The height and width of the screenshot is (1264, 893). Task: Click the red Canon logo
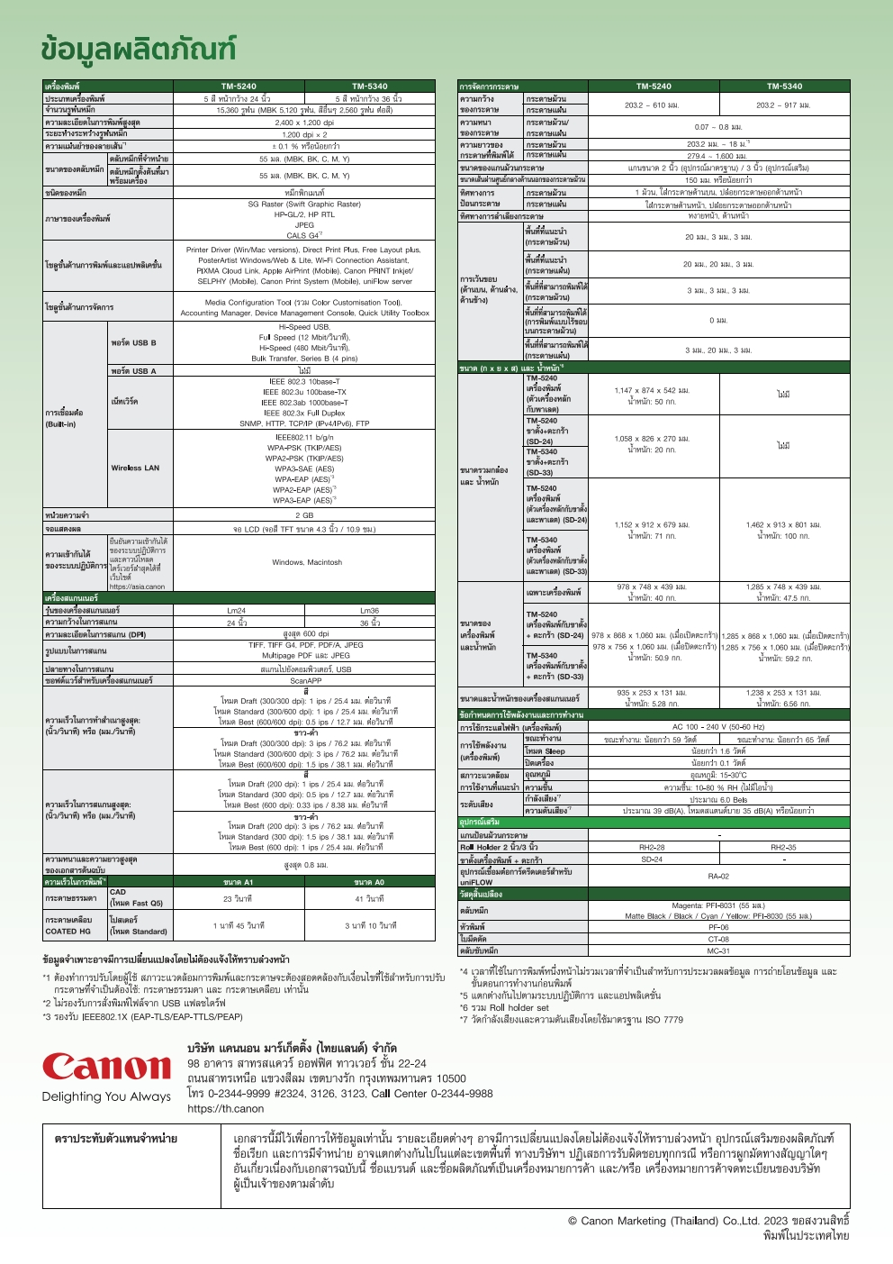106,1067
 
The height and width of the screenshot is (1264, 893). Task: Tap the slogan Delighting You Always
106,1096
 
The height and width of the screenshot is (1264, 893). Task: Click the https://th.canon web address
225,1108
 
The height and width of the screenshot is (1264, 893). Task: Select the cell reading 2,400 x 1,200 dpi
304,123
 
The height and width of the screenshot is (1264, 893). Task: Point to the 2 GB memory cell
304,515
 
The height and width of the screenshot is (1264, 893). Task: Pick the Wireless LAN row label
135,468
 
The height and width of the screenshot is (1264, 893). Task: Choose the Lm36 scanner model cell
369,610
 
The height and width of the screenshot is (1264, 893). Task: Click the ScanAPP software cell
305,681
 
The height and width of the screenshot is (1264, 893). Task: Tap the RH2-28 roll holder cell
652,847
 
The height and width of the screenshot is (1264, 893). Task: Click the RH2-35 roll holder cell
784,847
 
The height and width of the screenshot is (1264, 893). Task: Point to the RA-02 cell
718,876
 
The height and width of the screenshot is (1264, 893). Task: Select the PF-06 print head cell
718,927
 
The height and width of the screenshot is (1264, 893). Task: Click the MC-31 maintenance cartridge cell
718,950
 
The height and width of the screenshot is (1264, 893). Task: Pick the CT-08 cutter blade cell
718,939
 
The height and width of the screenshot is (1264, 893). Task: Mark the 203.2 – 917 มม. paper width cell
783,105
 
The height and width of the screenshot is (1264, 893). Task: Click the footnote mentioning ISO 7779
571,1020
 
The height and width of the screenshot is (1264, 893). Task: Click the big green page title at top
139,50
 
